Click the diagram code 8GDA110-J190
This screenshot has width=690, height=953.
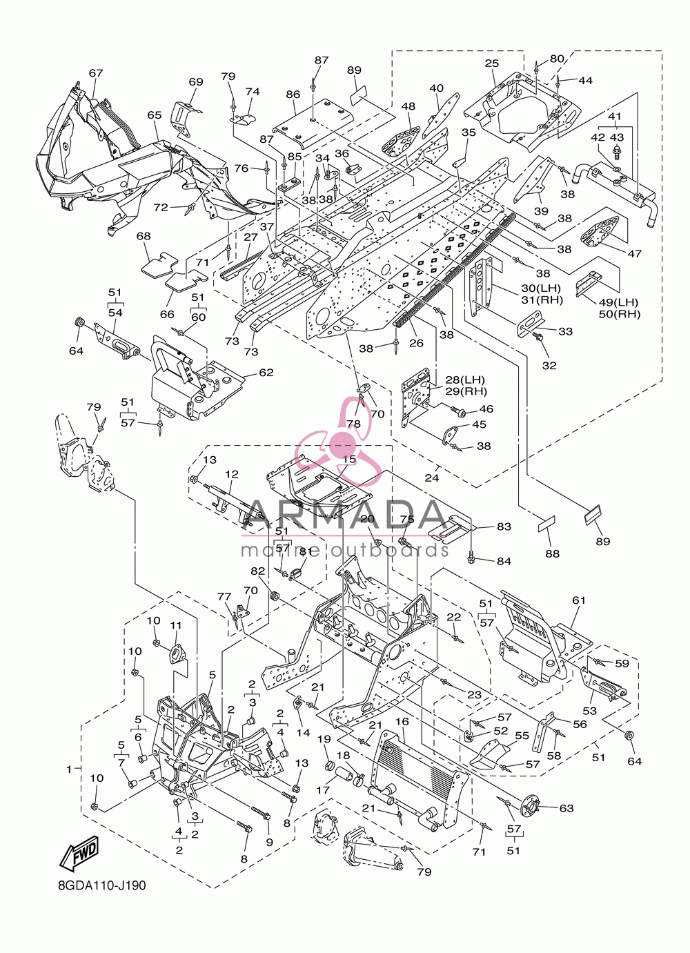coord(103,897)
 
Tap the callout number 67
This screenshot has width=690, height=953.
coord(96,72)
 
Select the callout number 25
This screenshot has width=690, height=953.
coord(492,63)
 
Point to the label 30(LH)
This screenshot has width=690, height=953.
coord(542,288)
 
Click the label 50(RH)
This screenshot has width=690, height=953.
coord(620,314)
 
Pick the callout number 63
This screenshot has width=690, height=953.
coord(566,808)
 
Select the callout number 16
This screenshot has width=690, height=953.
coord(402,722)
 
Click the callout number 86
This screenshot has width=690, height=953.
coord(293,95)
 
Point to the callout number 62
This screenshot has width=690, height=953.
coord(266,372)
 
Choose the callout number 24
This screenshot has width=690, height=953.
coord(432,478)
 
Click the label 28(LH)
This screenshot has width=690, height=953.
coord(465,380)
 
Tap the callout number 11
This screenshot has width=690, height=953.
coord(176,625)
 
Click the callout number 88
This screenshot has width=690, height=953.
coord(552,553)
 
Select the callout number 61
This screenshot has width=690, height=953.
coord(579,600)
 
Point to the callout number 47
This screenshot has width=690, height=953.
coord(634,254)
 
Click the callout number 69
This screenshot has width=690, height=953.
coord(196,81)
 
